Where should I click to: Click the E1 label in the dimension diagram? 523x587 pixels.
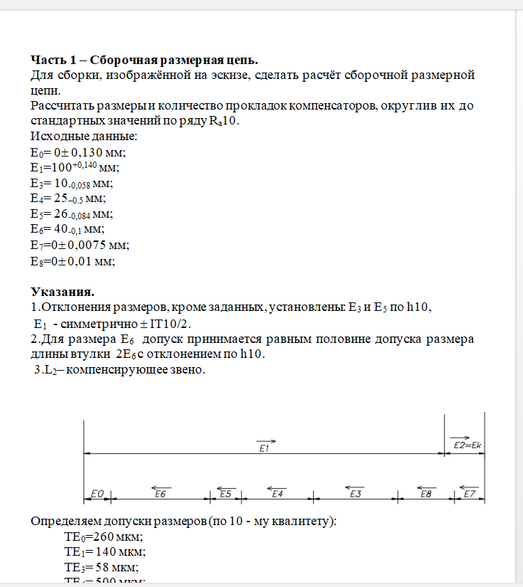point(263,448)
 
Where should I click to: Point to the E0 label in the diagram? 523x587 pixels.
point(98,493)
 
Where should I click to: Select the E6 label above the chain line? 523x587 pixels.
point(160,493)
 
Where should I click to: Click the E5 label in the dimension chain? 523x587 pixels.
point(226,493)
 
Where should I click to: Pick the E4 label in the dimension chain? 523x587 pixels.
point(278,493)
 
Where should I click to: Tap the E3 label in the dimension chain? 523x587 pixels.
point(356,493)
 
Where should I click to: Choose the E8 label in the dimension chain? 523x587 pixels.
point(426,493)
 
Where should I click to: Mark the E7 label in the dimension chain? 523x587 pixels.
point(469,493)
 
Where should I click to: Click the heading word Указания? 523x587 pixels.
point(63,292)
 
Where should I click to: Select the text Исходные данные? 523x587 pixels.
point(83,136)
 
